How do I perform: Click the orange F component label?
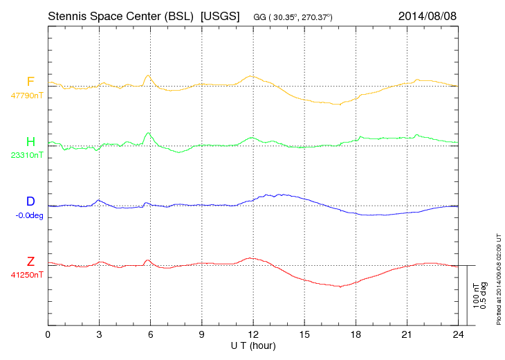pyautogui.click(x=30, y=82)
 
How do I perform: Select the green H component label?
pyautogui.click(x=30, y=142)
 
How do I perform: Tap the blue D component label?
pyautogui.click(x=30, y=201)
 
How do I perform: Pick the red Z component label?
pyautogui.click(x=30, y=261)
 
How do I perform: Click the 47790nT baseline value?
pyautogui.click(x=27, y=96)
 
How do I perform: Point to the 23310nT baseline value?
pyautogui.click(x=27, y=155)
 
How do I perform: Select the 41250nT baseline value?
pyautogui.click(x=27, y=274)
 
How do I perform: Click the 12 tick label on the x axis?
pyautogui.click(x=253, y=335)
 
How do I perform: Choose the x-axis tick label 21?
pyautogui.click(x=407, y=335)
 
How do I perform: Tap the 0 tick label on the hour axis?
pyautogui.click(x=48, y=335)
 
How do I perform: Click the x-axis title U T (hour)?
pyautogui.click(x=252, y=345)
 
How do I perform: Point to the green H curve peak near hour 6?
pyautogui.click(x=147, y=133)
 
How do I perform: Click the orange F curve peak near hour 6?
pyautogui.click(x=147, y=75)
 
